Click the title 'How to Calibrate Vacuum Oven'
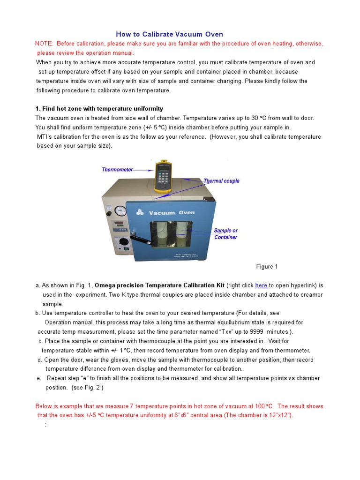tap(169, 34)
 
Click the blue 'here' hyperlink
tap(261, 285)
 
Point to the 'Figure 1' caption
tap(267, 267)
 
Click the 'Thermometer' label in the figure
tap(117, 170)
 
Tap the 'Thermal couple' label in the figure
tap(221, 181)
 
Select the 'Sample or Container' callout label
tap(225, 234)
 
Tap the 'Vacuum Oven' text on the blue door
tap(172, 213)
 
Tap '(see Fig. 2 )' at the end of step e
tap(87, 388)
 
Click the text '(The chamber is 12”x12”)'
tap(257, 415)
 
